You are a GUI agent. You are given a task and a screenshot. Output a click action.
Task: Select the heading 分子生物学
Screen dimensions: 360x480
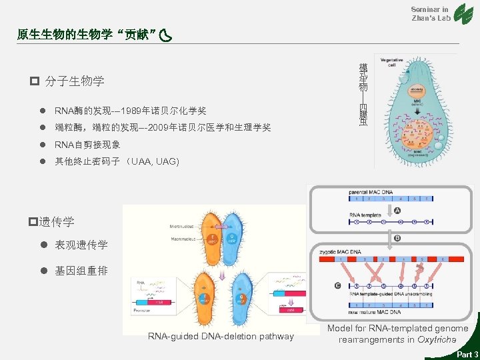pos(74,81)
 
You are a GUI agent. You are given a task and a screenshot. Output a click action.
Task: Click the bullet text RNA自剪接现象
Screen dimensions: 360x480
pos(87,145)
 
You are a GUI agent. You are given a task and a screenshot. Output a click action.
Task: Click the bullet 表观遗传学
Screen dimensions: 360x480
pos(81,245)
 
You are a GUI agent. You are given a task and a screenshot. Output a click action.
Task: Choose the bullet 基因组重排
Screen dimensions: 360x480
pos(81,271)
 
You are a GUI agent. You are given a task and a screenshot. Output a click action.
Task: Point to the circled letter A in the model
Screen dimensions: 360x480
pos(398,211)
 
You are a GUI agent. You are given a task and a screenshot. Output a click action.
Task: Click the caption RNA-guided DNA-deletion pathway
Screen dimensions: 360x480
pos(221,336)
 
